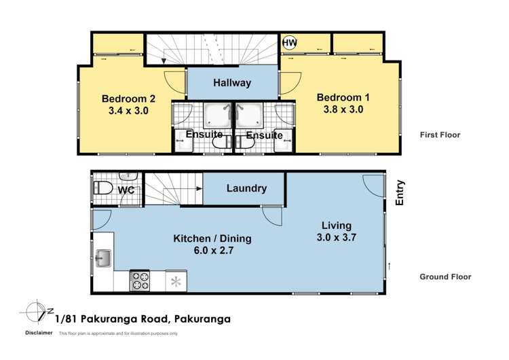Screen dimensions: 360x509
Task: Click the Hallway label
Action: (232, 84)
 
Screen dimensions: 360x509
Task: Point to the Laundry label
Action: (246, 189)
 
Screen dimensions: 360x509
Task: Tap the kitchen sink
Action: (104, 258)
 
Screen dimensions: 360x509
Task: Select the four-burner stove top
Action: (140, 280)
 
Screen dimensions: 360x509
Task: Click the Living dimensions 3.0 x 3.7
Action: (337, 238)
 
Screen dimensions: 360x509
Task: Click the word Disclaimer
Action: (39, 333)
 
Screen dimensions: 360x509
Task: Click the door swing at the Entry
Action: (373, 184)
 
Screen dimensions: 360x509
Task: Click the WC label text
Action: (126, 190)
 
